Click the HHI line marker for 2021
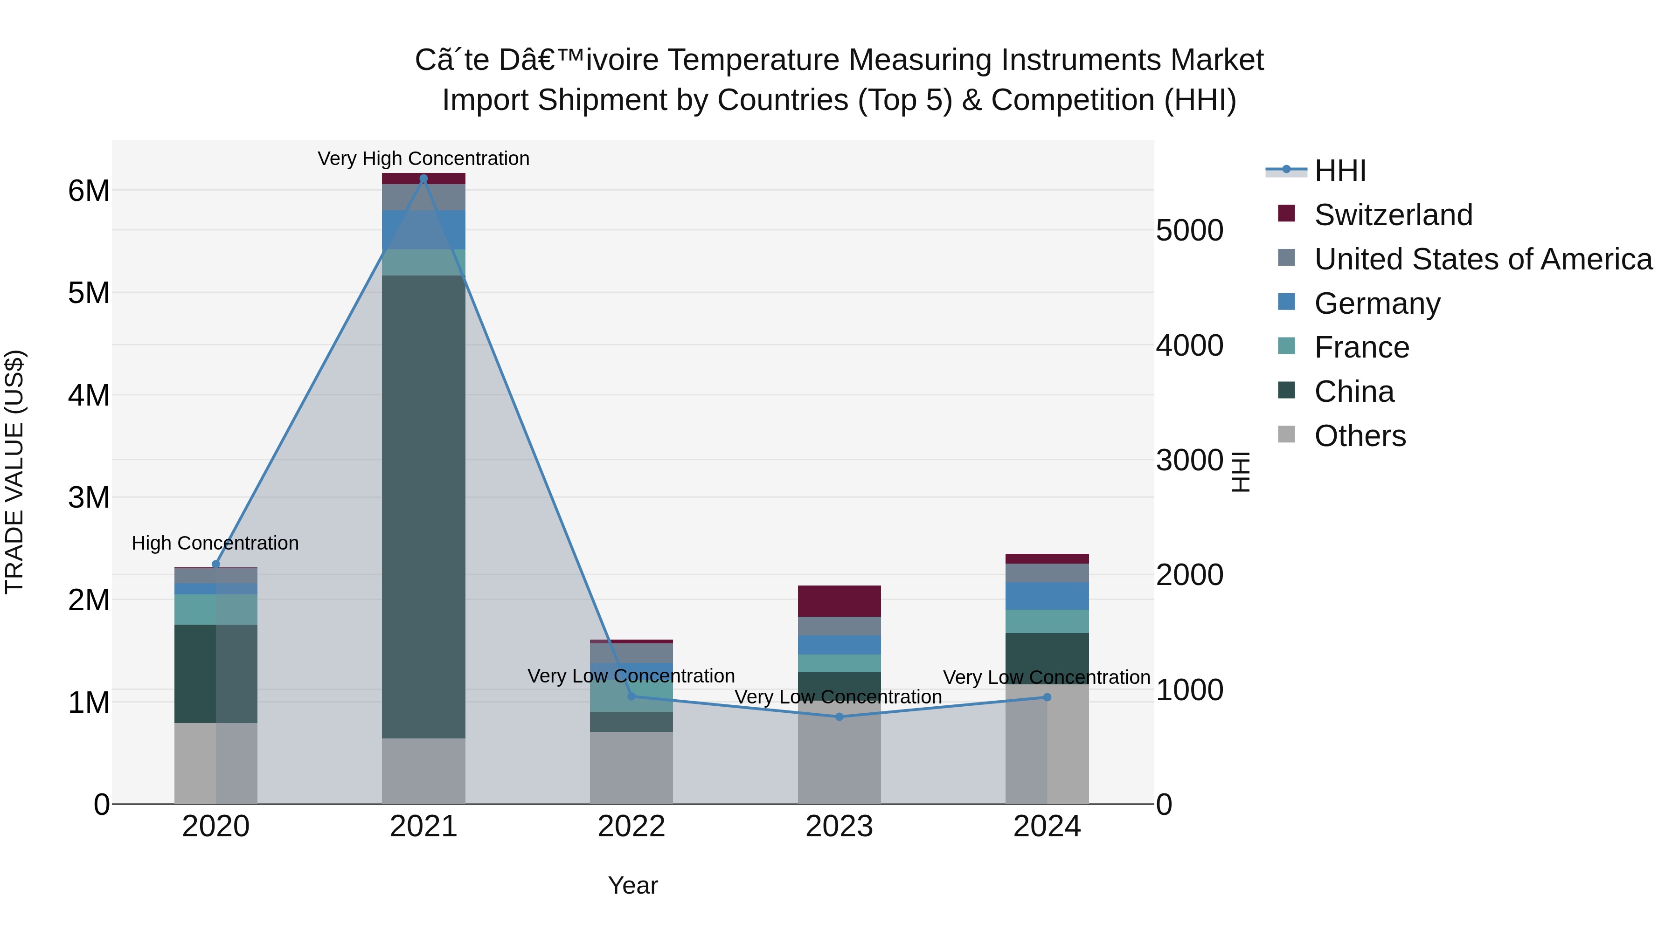point(423,179)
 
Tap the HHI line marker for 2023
point(839,717)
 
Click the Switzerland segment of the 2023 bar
point(839,601)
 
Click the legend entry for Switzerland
point(1393,215)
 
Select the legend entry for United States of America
point(1483,259)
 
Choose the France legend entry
point(1361,347)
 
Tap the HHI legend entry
point(1339,171)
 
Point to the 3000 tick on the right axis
point(1189,461)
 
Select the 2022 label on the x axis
point(631,827)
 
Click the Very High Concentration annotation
point(423,158)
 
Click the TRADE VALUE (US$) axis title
point(14,472)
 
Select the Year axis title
point(632,885)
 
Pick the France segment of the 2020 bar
point(216,609)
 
